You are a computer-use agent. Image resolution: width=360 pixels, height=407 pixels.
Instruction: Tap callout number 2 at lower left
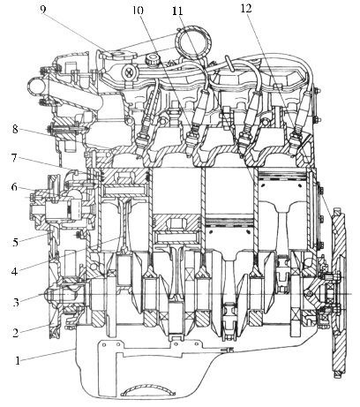15,333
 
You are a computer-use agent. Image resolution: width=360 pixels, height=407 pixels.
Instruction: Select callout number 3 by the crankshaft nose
16,302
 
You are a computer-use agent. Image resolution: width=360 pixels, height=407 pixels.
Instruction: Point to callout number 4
15,271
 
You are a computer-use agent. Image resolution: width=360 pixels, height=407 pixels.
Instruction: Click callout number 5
15,242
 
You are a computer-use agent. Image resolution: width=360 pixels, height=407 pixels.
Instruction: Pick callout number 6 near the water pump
14,187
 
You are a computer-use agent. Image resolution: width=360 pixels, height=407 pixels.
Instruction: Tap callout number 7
15,158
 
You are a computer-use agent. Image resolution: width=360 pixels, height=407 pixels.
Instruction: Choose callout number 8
15,129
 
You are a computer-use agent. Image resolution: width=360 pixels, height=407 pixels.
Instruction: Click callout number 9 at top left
43,10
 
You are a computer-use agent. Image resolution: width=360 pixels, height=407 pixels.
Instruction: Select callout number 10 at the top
138,11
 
